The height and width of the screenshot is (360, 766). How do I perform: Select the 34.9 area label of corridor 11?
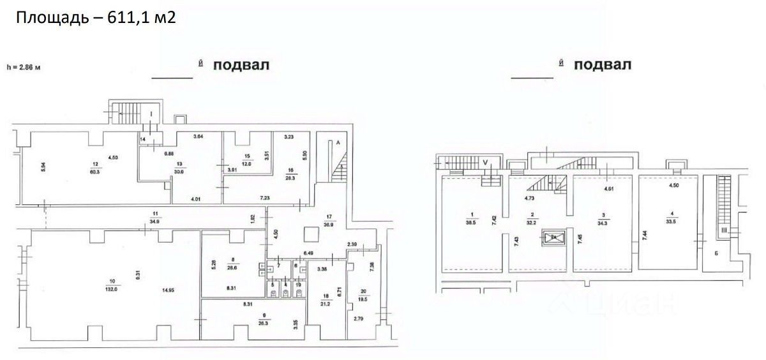pos(154,221)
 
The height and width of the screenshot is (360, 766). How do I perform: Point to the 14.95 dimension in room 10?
pos(168,291)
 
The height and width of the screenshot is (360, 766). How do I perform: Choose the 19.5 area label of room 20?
pos(363,297)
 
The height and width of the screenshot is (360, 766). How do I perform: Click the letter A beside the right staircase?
pos(337,144)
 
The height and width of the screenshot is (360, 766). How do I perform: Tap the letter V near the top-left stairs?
pos(486,163)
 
